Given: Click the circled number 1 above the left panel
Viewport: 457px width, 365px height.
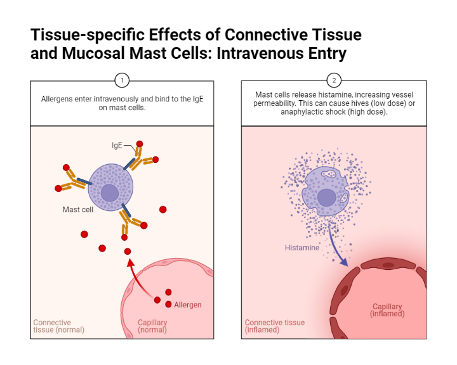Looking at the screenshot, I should (x=122, y=80).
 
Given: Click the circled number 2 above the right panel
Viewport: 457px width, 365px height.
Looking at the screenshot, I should (x=334, y=80).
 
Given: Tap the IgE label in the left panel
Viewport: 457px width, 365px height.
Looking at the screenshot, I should (x=117, y=146).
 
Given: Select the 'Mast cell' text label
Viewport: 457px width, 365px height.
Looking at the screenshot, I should (x=78, y=210).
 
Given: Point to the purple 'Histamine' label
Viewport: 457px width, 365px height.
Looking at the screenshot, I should (x=301, y=248).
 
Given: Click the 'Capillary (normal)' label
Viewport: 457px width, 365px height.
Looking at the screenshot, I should (x=152, y=326).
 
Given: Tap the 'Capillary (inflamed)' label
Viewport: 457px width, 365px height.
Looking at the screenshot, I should (x=388, y=310).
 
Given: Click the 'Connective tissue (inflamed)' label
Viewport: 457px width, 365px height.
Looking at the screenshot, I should (x=274, y=326).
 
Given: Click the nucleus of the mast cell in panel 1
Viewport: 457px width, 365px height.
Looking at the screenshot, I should (x=110, y=193).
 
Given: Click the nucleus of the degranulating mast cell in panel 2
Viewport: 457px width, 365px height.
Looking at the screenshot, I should (x=327, y=197).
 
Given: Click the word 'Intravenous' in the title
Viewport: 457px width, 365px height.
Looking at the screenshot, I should (x=257, y=53).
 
